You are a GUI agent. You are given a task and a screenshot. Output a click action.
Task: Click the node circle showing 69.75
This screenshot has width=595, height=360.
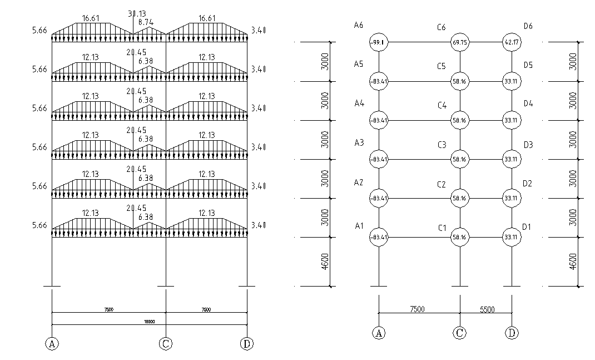pyautogui.click(x=460, y=42)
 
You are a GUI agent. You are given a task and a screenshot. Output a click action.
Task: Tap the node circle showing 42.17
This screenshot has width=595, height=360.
pyautogui.click(x=512, y=42)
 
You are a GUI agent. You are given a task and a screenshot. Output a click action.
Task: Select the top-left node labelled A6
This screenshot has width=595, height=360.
pyautogui.click(x=379, y=42)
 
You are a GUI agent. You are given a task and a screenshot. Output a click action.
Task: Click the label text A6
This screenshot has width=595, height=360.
pyautogui.click(x=359, y=25)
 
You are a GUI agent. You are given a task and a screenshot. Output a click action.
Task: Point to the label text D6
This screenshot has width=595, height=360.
pyautogui.click(x=528, y=26)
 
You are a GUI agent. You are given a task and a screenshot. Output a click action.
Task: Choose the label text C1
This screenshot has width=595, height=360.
pyautogui.click(x=442, y=228)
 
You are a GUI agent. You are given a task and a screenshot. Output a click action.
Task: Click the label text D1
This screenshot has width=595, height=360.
pyautogui.click(x=527, y=226)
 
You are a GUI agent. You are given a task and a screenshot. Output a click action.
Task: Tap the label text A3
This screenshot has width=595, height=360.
pyautogui.click(x=359, y=143)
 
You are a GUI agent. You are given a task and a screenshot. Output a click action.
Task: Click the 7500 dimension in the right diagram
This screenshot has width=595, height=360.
pyautogui.click(x=419, y=309)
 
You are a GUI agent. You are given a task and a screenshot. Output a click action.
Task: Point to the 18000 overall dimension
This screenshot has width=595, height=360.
pyautogui.click(x=149, y=322)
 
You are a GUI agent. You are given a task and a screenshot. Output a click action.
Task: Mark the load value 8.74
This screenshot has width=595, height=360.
pyautogui.click(x=146, y=22)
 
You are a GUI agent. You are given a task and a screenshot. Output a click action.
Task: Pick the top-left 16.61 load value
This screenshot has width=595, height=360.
pyautogui.click(x=91, y=18)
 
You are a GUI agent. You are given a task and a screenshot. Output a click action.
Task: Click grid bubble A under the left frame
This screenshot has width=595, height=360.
pyautogui.click(x=52, y=343)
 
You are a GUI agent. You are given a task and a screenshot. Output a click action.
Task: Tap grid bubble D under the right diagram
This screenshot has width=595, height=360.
pyautogui.click(x=512, y=333)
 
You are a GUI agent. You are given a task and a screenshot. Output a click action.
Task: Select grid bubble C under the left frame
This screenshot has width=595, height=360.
pyautogui.click(x=165, y=343)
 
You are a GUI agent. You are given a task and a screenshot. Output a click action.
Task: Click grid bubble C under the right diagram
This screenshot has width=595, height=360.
pyautogui.click(x=460, y=333)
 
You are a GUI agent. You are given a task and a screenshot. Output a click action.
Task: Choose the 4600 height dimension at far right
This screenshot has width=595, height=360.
pyautogui.click(x=574, y=262)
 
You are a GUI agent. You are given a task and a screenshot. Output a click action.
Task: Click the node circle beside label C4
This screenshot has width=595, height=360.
pyautogui.click(x=460, y=120)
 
